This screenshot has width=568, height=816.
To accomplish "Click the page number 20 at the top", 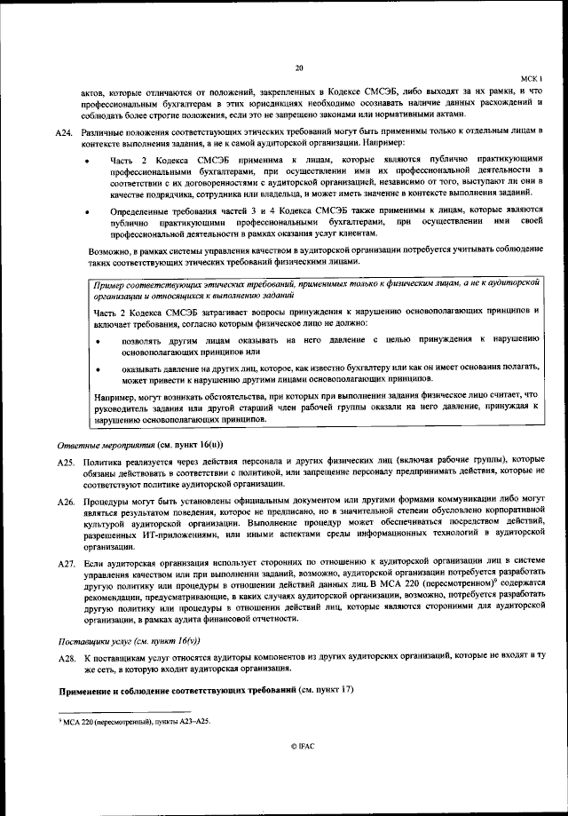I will click(299, 67).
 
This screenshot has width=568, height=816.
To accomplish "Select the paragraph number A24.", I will click(63, 132).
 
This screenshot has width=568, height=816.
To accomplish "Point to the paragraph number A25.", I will click(63, 462).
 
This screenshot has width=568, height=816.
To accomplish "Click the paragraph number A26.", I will click(63, 503).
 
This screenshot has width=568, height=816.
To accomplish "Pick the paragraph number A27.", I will click(63, 564).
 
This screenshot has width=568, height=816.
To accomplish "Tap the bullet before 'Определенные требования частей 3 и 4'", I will click(86, 212).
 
